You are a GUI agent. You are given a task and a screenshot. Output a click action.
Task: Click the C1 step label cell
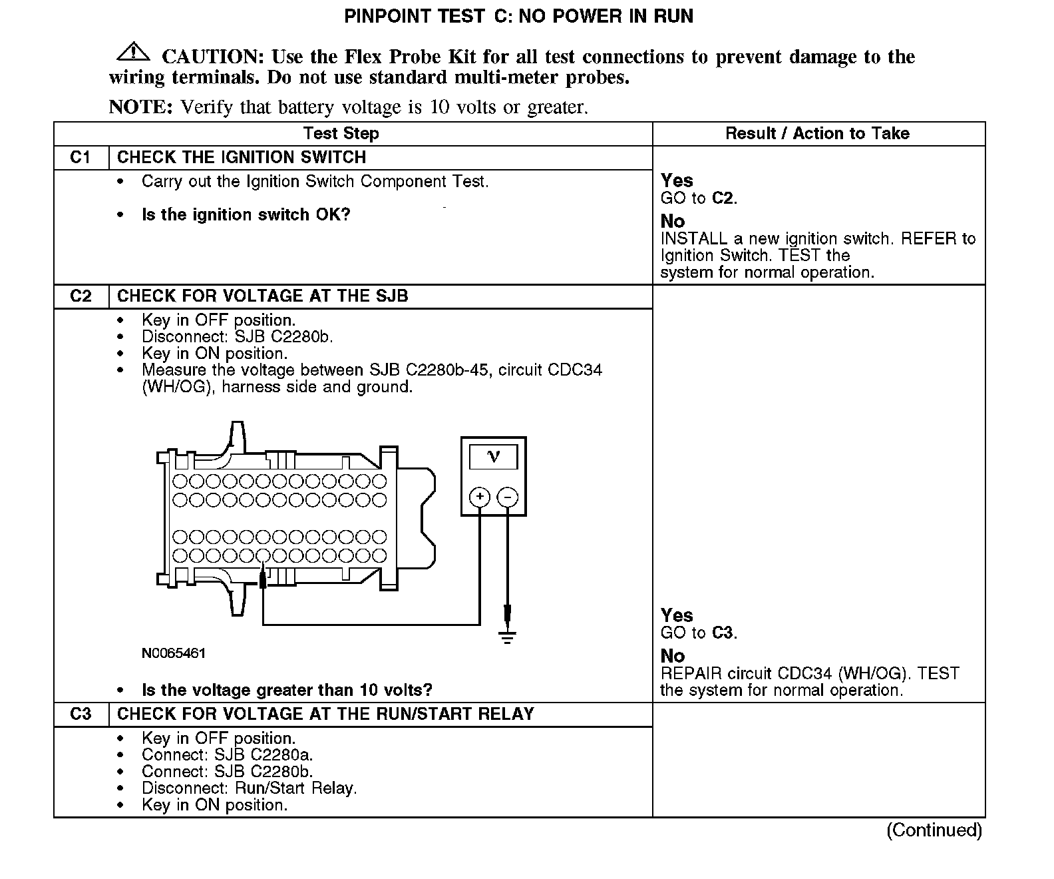click(x=81, y=158)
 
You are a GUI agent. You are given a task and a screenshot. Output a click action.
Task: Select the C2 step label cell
click(x=81, y=296)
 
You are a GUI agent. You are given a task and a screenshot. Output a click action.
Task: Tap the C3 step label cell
click(x=81, y=715)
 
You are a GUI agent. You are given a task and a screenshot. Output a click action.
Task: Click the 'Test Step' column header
click(x=341, y=133)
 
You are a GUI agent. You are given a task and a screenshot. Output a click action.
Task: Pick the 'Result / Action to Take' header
click(x=817, y=133)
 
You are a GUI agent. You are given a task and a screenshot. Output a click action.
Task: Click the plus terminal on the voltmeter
click(x=480, y=497)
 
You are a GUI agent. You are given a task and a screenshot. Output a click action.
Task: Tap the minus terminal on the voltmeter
click(x=508, y=497)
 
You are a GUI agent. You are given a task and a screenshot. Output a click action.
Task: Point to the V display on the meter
click(x=493, y=457)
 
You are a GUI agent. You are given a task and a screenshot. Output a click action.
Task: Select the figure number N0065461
click(x=174, y=653)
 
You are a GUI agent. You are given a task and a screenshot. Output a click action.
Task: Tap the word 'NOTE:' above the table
click(x=140, y=107)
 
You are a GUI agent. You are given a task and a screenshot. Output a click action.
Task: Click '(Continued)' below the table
click(x=934, y=830)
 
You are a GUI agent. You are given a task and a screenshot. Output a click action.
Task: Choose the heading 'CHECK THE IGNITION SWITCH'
click(x=242, y=158)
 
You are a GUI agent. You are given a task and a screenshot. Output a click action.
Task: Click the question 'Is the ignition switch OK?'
click(x=246, y=215)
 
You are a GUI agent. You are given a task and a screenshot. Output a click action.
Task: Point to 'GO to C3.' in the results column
click(x=699, y=633)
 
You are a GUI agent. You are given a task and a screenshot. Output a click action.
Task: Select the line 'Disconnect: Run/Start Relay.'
click(x=249, y=788)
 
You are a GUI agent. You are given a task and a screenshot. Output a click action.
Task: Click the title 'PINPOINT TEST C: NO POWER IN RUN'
click(x=518, y=17)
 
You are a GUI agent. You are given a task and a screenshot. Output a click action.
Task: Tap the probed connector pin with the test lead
click(x=263, y=555)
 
